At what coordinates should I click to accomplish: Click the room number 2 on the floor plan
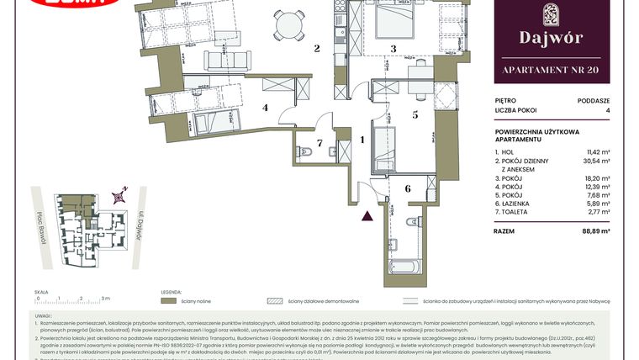tap(317, 49)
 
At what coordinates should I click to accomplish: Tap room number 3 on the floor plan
tap(393, 50)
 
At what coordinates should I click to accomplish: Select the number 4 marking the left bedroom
tap(264, 108)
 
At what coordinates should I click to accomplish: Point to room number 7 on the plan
tap(319, 143)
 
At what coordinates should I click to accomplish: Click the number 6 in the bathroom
tap(409, 189)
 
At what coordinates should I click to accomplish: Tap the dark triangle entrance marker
tap(367, 215)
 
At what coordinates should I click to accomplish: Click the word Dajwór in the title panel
tap(552, 38)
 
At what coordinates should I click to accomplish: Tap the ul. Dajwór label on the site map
tap(139, 225)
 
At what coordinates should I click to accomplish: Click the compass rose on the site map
tap(123, 194)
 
